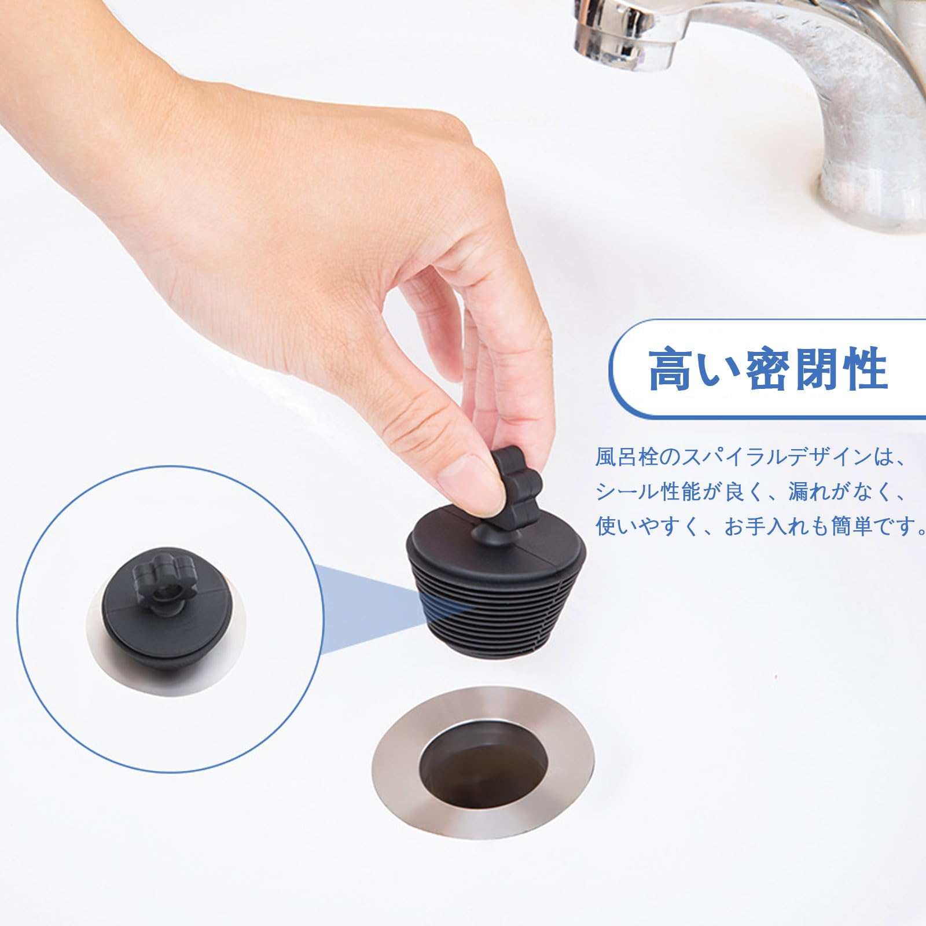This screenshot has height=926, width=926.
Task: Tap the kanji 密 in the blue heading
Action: pos(769,368)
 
